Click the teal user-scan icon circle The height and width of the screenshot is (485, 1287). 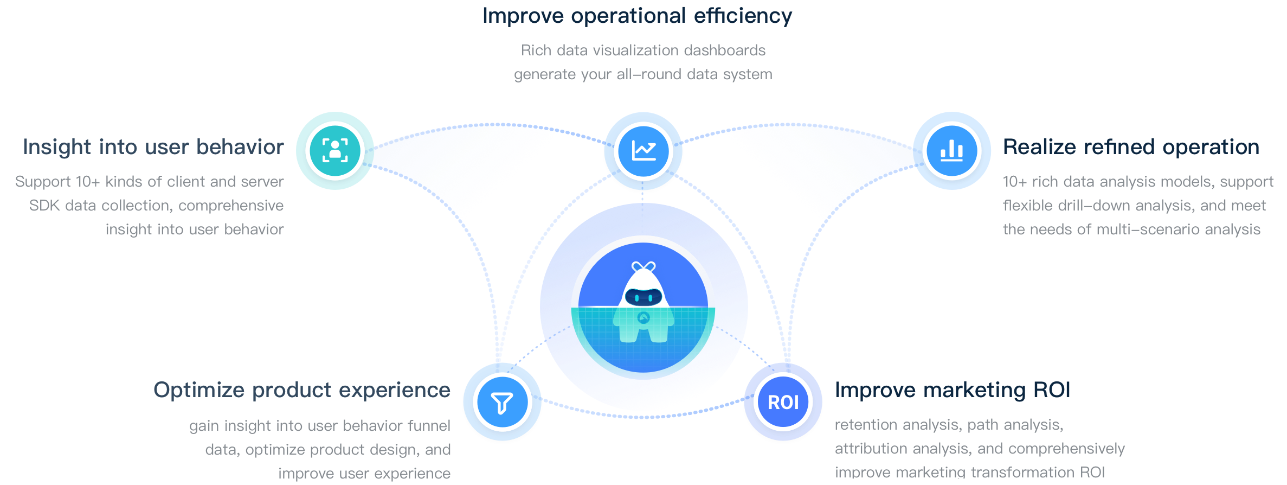pos(335,151)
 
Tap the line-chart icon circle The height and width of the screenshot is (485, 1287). pos(643,151)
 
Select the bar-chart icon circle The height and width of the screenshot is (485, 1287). pos(952,151)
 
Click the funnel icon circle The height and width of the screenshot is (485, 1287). pos(502,403)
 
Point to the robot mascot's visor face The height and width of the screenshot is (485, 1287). pos(643,297)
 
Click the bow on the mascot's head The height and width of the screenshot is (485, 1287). pos(643,266)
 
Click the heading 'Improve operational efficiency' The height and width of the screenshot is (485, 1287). pos(637,16)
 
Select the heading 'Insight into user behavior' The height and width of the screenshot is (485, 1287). pos(153,147)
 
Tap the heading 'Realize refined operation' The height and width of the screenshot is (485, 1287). pos(1131,147)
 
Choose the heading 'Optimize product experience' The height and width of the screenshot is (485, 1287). pos(302,390)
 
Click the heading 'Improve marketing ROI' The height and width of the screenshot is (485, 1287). pos(953,390)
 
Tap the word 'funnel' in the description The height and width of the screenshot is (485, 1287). pos(428,426)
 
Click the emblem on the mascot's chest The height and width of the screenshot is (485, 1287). pos(643,318)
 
